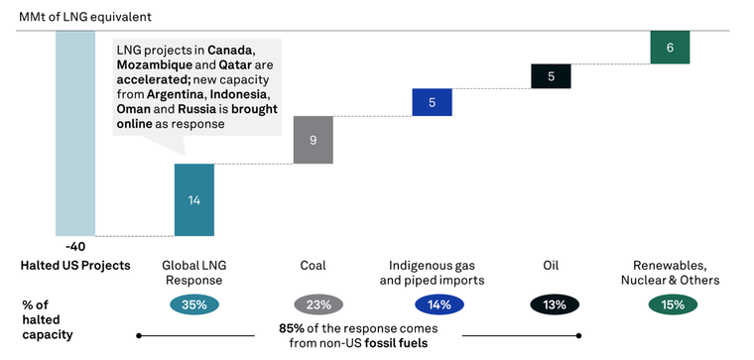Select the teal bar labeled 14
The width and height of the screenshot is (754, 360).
[194, 199]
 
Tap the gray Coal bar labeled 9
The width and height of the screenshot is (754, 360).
[314, 140]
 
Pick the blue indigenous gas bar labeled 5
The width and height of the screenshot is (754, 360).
[432, 102]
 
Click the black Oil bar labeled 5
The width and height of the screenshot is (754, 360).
[551, 76]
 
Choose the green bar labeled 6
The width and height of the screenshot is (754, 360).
[670, 47]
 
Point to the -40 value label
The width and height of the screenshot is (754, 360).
[75, 245]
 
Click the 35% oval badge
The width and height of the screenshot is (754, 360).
[194, 304]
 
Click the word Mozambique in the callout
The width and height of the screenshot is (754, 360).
[153, 64]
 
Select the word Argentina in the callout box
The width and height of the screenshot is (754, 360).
[177, 94]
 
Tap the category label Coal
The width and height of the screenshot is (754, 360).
[314, 266]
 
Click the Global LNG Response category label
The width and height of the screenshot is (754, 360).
[194, 273]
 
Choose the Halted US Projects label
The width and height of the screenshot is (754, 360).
[75, 266]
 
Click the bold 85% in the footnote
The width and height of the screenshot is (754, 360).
[293, 327]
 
